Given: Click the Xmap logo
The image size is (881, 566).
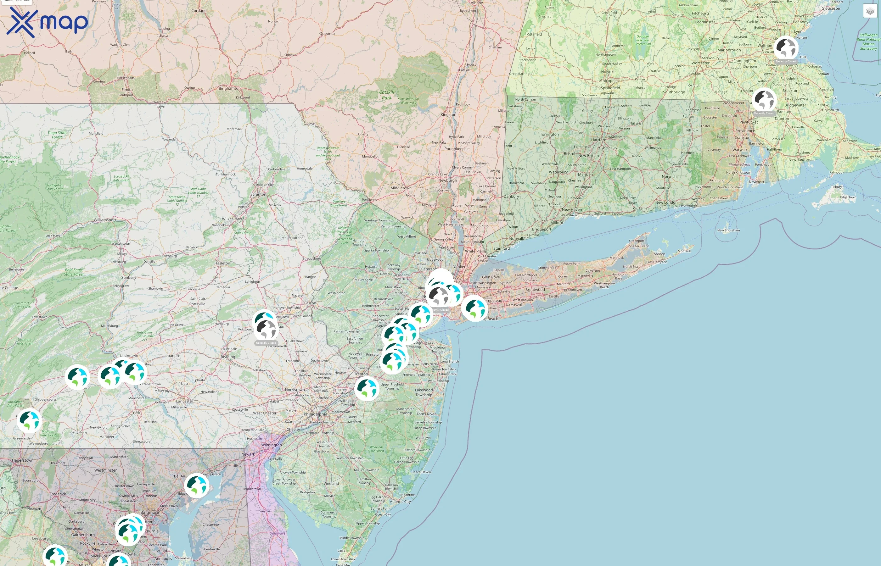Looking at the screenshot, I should [47, 23].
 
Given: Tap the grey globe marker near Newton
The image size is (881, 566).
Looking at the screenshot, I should [786, 48].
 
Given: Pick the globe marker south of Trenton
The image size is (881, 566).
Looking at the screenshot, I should [367, 388].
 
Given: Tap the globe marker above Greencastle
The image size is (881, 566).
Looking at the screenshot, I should [29, 420].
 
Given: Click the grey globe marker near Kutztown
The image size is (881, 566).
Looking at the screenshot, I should [266, 329].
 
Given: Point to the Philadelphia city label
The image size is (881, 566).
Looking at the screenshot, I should [315, 414].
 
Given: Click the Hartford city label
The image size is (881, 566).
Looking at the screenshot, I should [599, 140].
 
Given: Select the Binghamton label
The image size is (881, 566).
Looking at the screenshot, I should [229, 88].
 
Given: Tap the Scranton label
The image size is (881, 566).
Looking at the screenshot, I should [258, 194].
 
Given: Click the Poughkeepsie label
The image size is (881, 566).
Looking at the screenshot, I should [457, 149].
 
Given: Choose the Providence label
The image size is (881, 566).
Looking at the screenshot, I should [745, 131].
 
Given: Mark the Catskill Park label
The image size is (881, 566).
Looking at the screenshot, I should [386, 95].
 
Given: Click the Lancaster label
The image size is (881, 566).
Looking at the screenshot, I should [185, 401].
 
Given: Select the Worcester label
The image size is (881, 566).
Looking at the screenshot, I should [700, 63].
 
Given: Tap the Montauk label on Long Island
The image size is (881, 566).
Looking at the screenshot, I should [684, 251].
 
